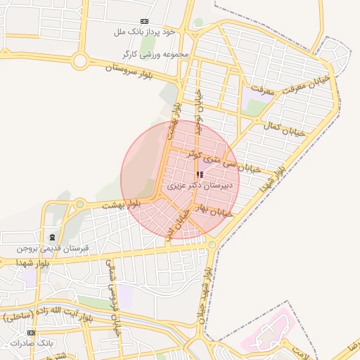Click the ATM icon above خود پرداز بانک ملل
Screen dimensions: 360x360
[145, 22]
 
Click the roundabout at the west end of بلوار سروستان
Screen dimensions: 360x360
[80, 62]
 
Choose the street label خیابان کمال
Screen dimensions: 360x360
[283, 128]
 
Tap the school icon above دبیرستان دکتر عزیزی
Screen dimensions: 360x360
[200, 174]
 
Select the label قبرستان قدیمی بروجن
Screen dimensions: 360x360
[53, 249]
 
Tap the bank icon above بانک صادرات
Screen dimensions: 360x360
[30, 333]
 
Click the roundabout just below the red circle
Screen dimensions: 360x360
[212, 244]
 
